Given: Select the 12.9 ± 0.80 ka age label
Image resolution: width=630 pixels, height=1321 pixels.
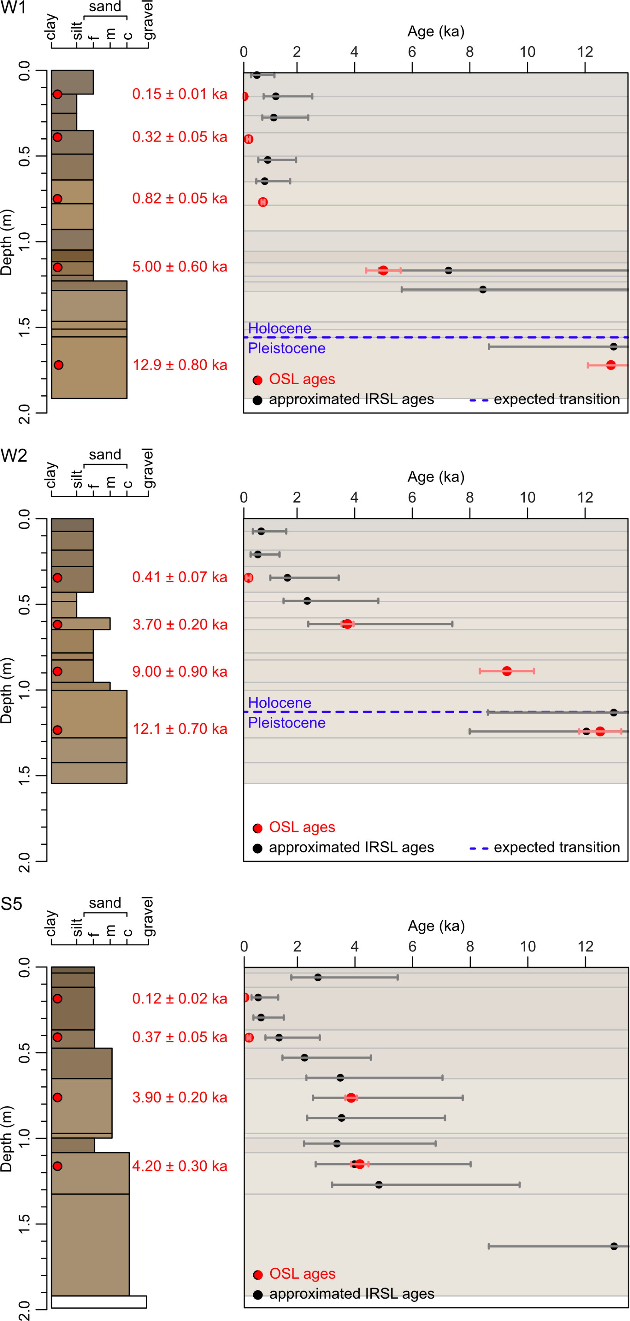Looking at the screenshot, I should (x=180, y=365).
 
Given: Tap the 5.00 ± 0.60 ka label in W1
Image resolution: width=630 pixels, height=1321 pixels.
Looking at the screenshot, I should (x=180, y=267).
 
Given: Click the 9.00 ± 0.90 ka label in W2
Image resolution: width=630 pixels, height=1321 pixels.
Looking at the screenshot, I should (x=180, y=672).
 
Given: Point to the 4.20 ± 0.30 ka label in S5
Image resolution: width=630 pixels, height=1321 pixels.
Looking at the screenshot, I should (x=180, y=1166).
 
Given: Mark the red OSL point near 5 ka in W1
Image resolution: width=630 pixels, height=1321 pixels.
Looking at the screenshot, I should (x=383, y=270).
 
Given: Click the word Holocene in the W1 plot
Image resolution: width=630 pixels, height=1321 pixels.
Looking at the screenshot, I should (x=280, y=328).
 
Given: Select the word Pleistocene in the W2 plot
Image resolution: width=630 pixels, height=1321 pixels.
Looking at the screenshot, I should (x=287, y=723).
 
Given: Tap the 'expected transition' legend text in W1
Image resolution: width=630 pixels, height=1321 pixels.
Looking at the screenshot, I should (x=557, y=400).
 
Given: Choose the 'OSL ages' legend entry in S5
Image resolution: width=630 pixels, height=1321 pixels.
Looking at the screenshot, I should (x=302, y=1274).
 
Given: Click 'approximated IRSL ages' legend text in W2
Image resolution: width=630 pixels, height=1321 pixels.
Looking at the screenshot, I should (x=351, y=848).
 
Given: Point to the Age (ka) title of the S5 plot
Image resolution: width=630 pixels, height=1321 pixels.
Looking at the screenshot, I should (x=436, y=926).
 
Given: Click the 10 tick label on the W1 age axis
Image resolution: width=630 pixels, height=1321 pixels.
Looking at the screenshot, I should (x=527, y=52).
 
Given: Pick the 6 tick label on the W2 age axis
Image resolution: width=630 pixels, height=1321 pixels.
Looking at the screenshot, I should (x=412, y=498).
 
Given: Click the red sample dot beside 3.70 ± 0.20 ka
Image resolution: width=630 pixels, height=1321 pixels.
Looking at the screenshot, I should (x=57, y=625).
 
